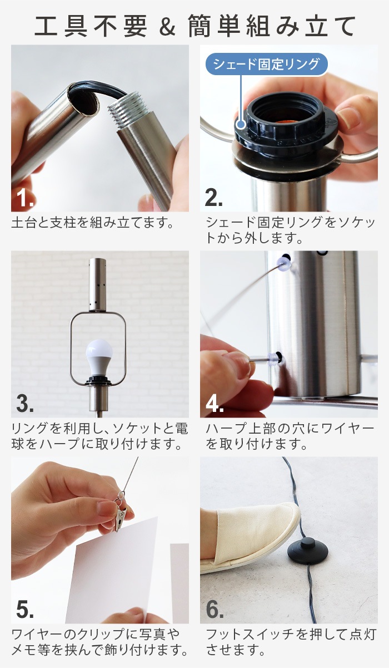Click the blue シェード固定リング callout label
coord(267,64)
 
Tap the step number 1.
coord(25,198)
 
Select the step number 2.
coord(214,198)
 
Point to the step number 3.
coord(25,404)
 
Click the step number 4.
coord(215,404)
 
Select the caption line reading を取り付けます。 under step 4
coord(257,444)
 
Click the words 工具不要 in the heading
coord(91,26)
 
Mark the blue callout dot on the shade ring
coord(241,124)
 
